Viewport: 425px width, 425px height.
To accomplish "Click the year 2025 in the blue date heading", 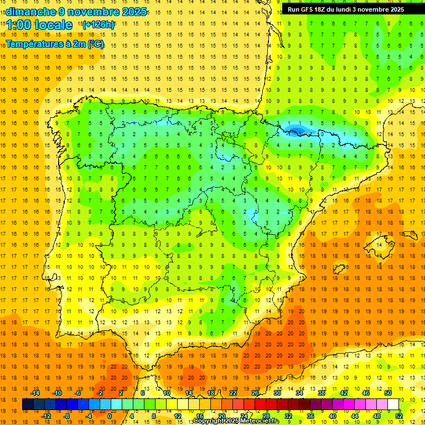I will coord(133,12).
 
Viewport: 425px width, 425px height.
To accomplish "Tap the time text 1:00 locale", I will coord(39,25).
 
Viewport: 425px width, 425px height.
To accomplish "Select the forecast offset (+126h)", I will coord(99,24).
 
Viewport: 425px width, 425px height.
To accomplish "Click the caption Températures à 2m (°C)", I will coord(55,44).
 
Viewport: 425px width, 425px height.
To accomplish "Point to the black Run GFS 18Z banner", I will coord(346,9).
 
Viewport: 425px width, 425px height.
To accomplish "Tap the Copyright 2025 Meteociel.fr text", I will coord(236,421).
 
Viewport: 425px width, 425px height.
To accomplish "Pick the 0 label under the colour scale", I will coord(110,416).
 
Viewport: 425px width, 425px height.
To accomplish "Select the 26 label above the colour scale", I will coord(255,393).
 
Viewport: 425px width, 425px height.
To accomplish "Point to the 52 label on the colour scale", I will coord(399,416).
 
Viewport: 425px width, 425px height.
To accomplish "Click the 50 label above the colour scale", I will coord(388,393).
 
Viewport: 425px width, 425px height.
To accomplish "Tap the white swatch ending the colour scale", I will coord(393,405).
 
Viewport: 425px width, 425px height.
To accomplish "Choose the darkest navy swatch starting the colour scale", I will coord(28,405).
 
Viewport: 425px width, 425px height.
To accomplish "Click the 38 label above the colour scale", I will coord(322,393).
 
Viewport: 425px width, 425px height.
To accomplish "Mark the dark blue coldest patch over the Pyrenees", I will coord(296,131).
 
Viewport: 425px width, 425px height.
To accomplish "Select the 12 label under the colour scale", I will coord(177,416).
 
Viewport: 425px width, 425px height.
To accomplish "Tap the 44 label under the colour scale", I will coord(354,416).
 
